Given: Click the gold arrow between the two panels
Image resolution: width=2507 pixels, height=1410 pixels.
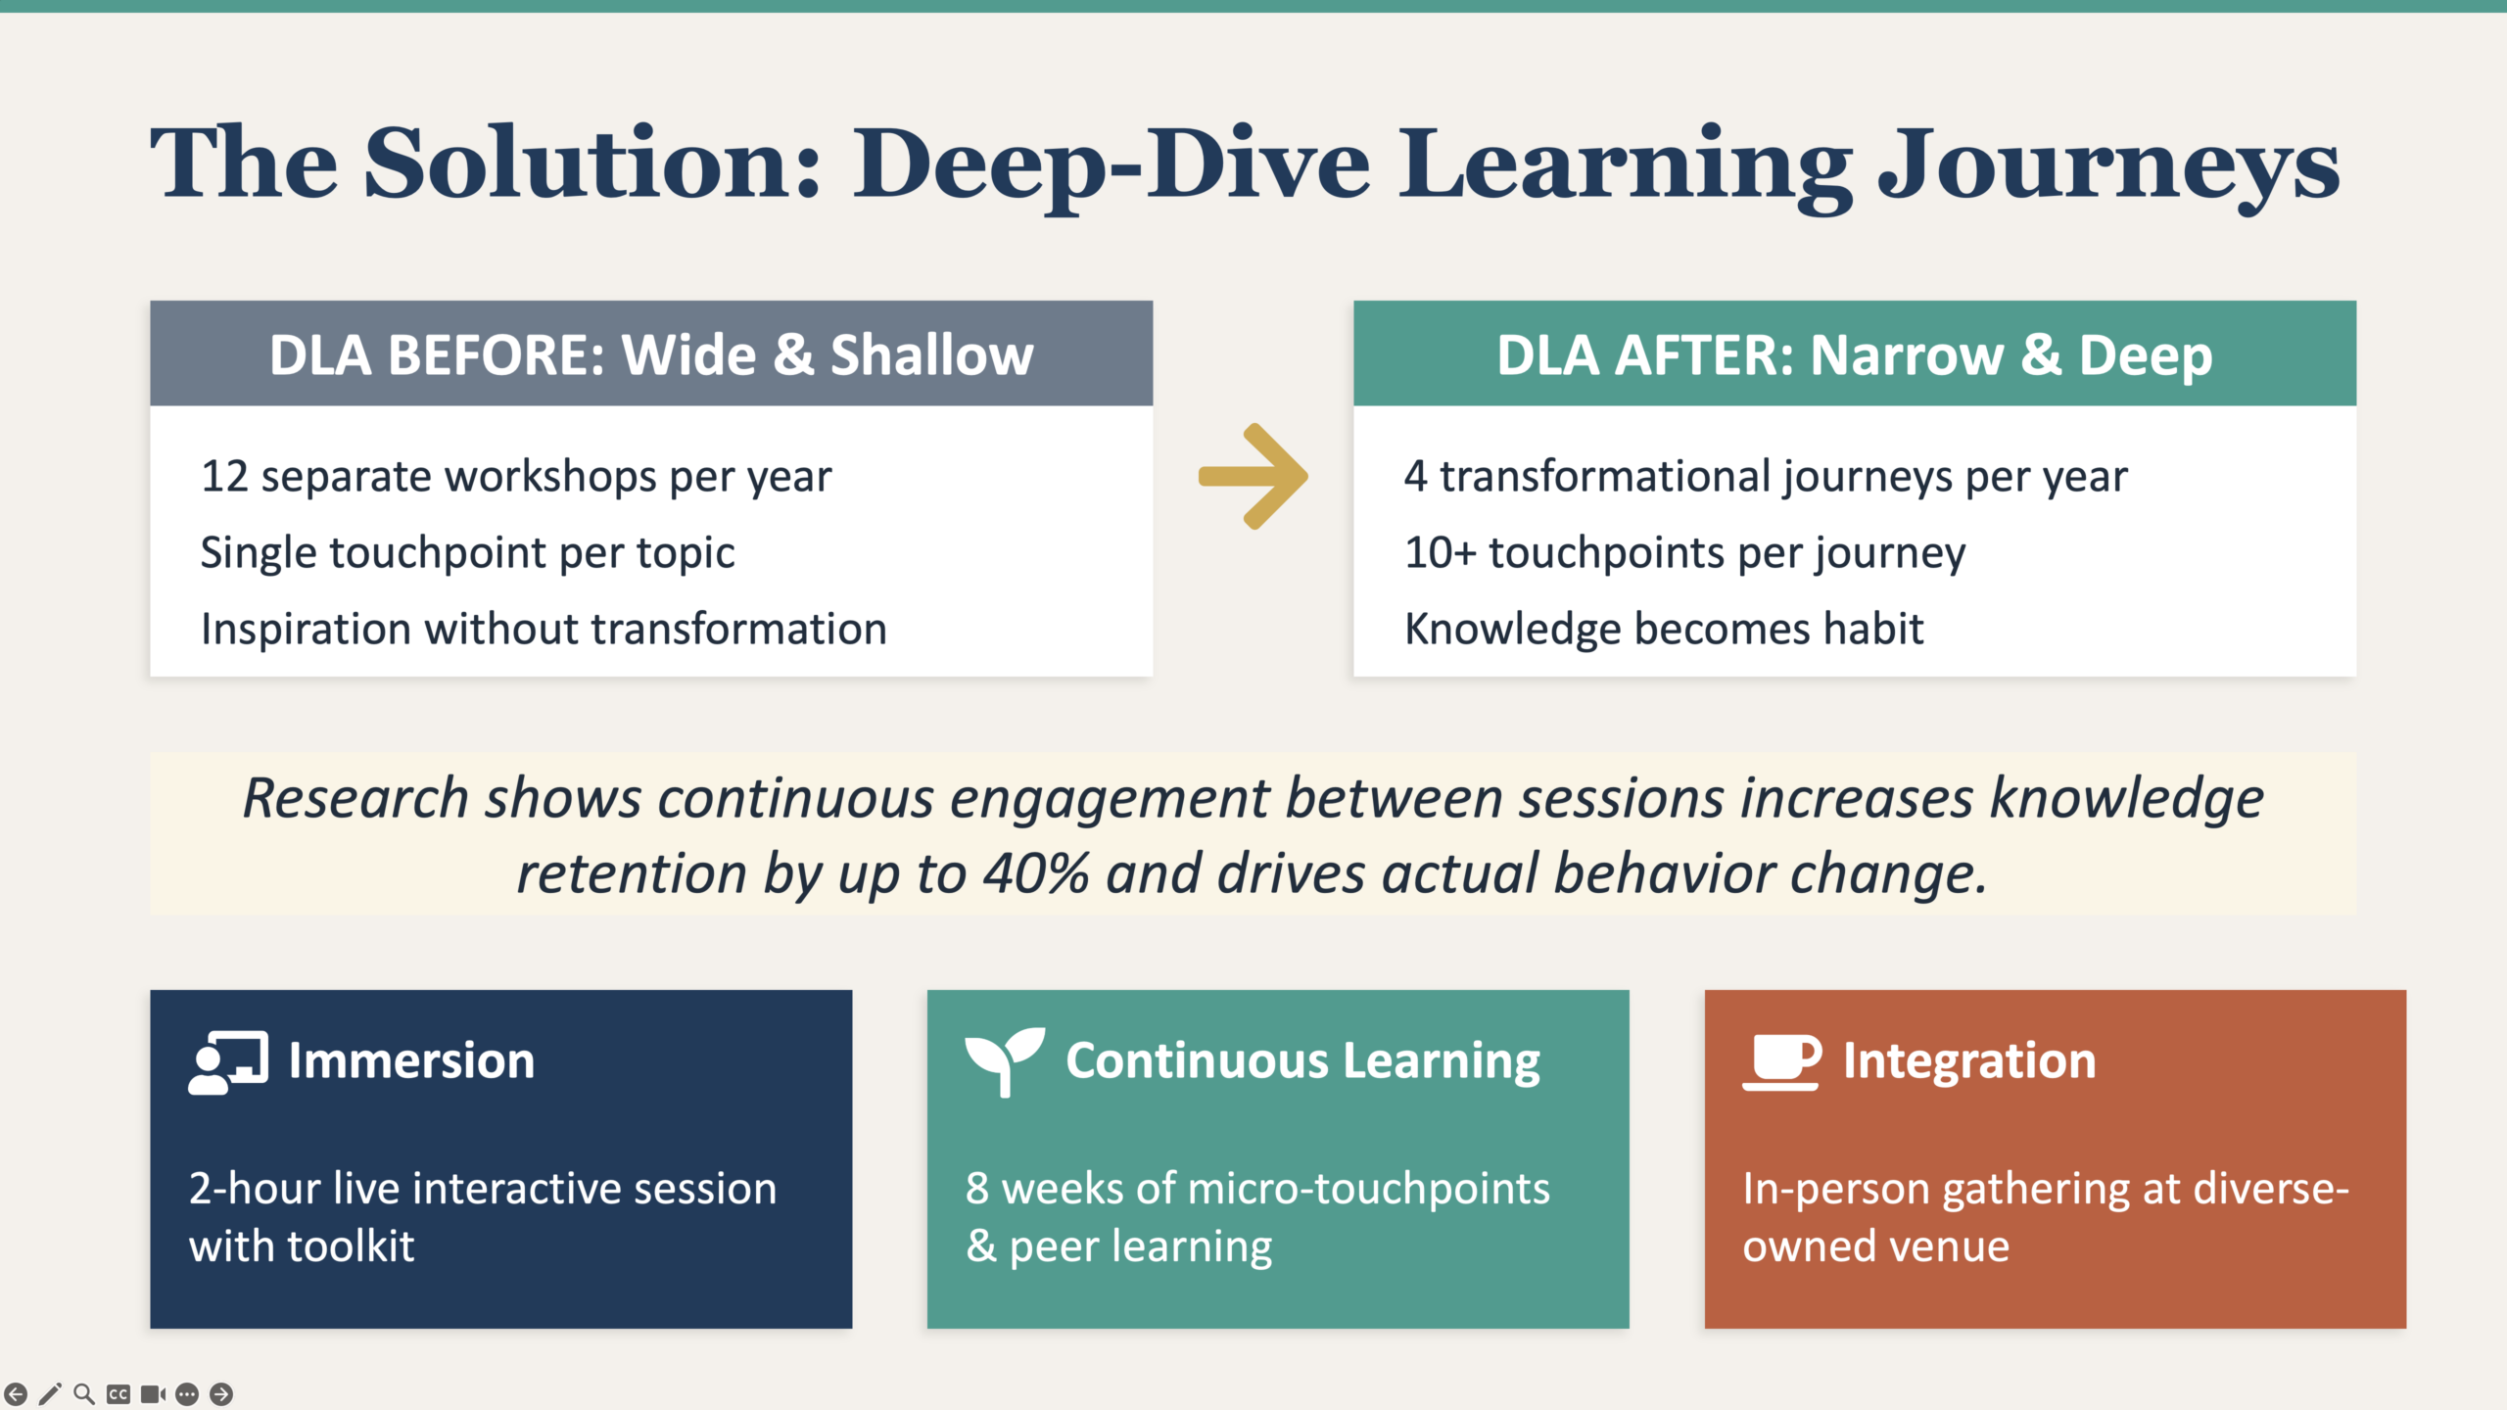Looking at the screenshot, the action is (x=1253, y=477).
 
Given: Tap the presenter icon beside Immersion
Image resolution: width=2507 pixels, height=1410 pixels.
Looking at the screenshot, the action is (x=228, y=1062).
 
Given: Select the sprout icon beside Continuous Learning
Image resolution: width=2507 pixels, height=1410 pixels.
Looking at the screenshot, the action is (x=1005, y=1062).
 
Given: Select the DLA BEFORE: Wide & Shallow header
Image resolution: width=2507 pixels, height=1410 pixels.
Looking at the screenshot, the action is (x=651, y=353).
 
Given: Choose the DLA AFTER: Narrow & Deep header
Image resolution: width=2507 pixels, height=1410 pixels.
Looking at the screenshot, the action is (x=1855, y=353).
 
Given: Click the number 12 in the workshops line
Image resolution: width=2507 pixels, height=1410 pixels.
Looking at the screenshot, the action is (x=224, y=477).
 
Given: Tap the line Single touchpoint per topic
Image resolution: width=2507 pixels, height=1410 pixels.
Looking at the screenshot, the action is (x=467, y=553).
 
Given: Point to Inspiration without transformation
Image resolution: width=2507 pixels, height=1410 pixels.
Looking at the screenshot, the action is (x=544, y=629).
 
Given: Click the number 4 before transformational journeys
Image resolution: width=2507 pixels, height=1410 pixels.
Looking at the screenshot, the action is (x=1415, y=477).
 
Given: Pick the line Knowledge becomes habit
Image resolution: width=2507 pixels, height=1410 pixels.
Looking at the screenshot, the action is (x=1664, y=629).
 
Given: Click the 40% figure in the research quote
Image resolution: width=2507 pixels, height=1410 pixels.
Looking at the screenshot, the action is (x=1036, y=873).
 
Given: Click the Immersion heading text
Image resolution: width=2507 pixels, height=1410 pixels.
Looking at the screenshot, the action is (x=411, y=1061).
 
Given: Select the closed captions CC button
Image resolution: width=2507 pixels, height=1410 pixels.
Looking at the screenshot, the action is (x=118, y=1394).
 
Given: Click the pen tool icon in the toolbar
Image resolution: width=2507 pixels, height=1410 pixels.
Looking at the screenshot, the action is (x=50, y=1394).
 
